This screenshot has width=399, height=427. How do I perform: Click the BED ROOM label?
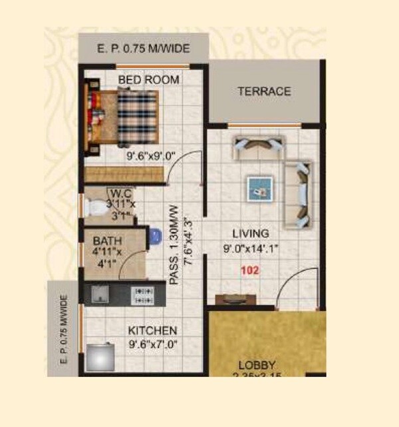pyautogui.click(x=148, y=80)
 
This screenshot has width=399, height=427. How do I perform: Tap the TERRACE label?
pyautogui.click(x=264, y=91)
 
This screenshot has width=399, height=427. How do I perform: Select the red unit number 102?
pyautogui.click(x=250, y=271)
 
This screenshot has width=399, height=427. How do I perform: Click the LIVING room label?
pyautogui.click(x=250, y=234)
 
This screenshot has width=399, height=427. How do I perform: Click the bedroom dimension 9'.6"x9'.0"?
pyautogui.click(x=151, y=157)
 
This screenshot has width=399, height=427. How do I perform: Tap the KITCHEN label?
pyautogui.click(x=152, y=330)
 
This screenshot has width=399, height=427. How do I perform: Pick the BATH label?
pyautogui.click(x=107, y=240)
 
